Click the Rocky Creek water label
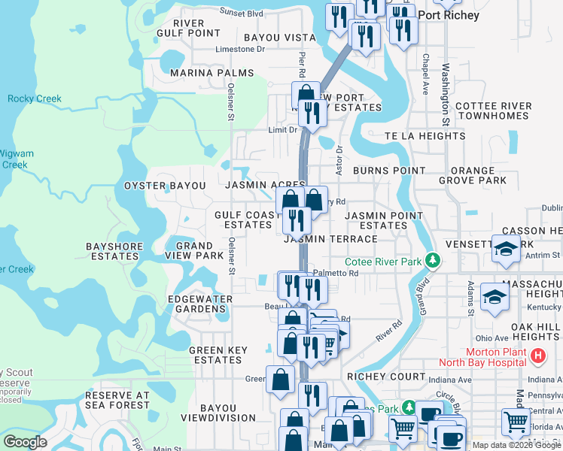point(35,99)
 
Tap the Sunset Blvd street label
point(241,13)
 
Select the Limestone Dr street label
point(241,50)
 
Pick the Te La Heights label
point(425,136)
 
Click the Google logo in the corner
point(25,442)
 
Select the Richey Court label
point(376,376)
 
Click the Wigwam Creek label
point(17,159)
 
